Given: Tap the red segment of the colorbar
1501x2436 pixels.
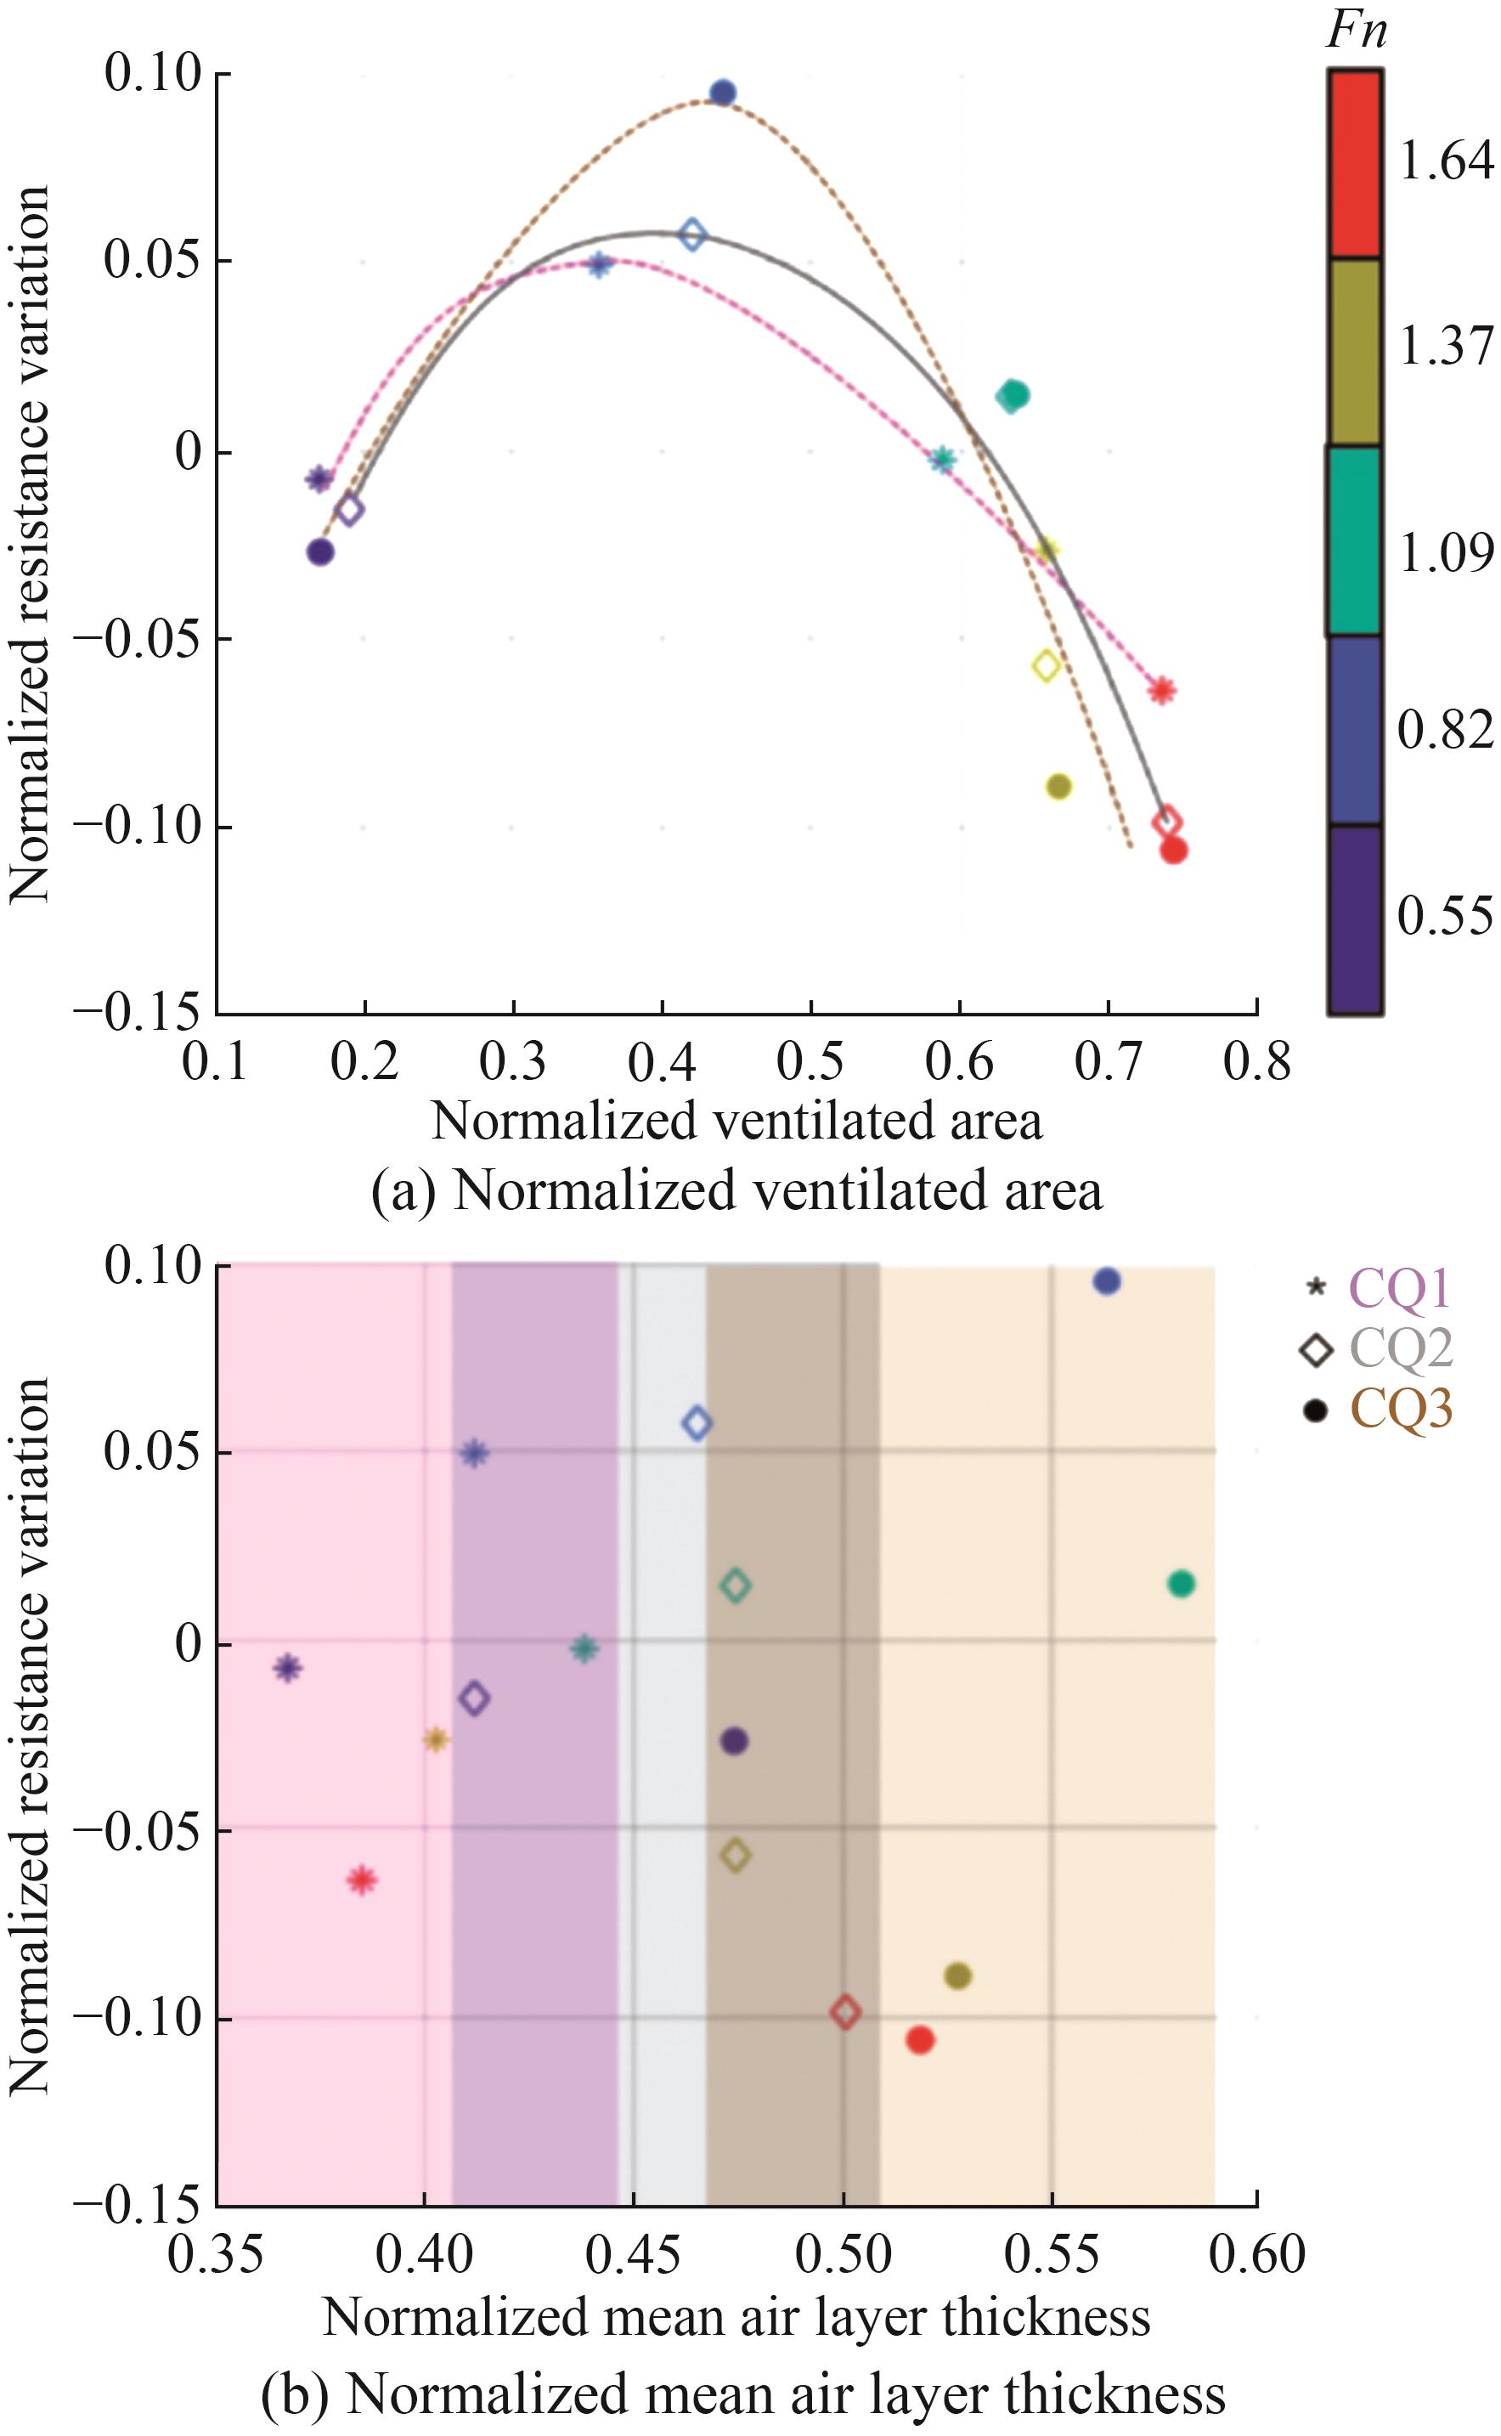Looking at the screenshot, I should [x=1354, y=164].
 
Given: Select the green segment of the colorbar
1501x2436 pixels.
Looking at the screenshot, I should [x=1354, y=541].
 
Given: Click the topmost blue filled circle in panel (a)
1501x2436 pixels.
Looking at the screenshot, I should [x=723, y=93].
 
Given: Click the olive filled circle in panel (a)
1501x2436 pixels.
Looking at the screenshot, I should [x=1059, y=787].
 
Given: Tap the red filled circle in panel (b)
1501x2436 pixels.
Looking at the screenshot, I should [x=920, y=2040].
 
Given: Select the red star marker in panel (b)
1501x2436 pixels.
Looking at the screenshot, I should [x=361, y=1880].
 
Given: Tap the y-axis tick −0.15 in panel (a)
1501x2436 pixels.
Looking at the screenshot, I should [x=144, y=1014].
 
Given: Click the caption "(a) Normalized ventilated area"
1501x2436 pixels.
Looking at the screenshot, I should [x=736, y=1191].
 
